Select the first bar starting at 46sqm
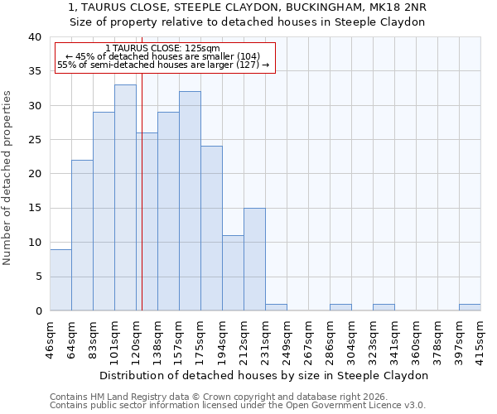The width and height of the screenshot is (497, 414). click(x=60, y=280)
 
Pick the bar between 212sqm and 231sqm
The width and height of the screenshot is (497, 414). click(x=254, y=259)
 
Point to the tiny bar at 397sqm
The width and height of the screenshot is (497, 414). click(x=470, y=307)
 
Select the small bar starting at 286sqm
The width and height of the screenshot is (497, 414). click(x=340, y=307)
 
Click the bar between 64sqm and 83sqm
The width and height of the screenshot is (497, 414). click(x=82, y=235)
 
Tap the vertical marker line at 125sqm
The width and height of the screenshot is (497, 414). click(x=142, y=207)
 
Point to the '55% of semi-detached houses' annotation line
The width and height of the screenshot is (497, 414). click(x=163, y=65)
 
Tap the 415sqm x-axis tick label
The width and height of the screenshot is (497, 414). click(x=480, y=338)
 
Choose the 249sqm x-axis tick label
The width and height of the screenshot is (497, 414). click(x=287, y=338)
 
